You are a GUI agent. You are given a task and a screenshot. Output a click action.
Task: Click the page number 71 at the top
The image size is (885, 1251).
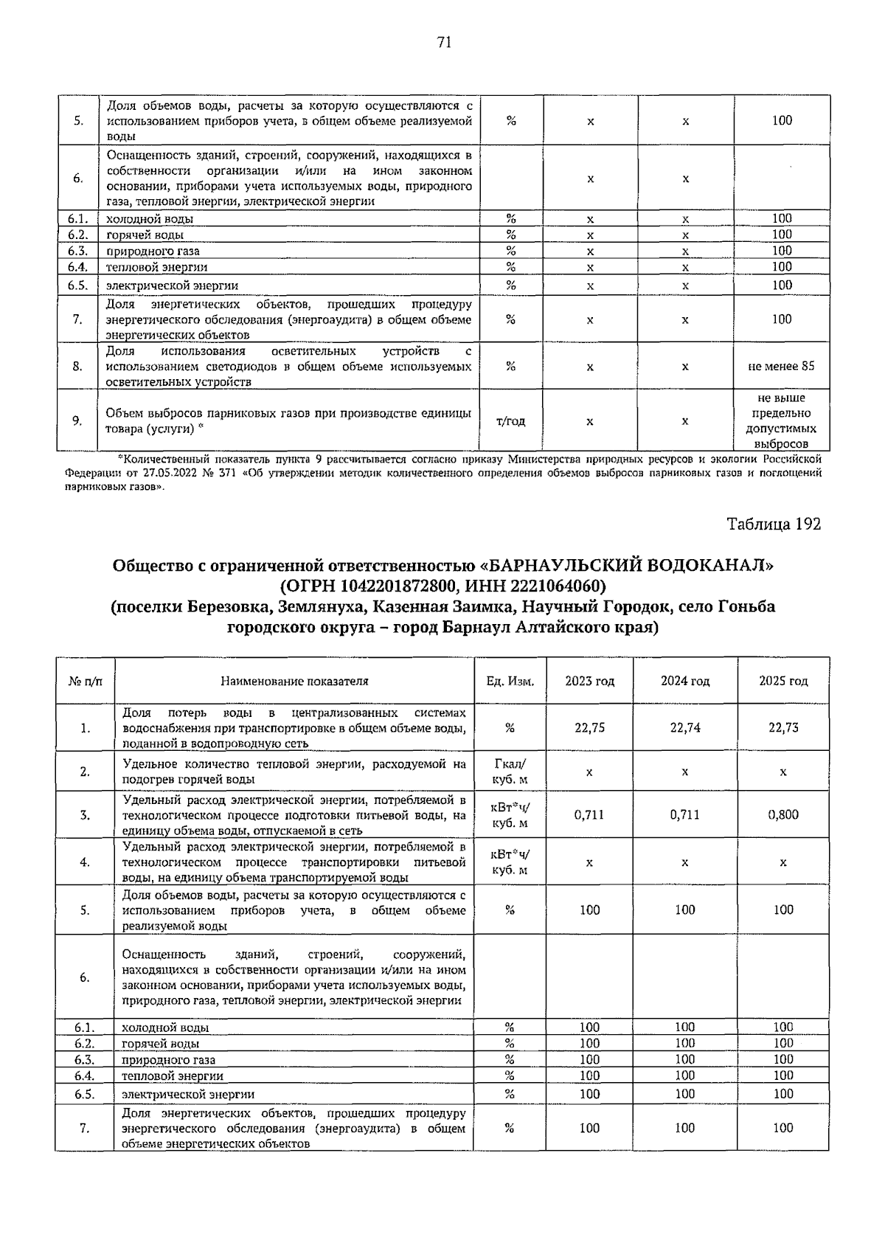click(x=443, y=42)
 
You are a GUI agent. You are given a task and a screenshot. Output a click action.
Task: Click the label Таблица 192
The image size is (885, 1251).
click(x=774, y=524)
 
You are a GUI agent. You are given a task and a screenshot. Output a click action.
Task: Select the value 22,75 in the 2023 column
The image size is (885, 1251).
click(x=589, y=727)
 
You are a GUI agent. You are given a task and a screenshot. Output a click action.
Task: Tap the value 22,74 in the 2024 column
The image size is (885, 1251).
click(x=685, y=727)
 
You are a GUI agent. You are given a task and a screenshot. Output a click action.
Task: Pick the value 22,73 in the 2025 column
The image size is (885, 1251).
click(x=782, y=727)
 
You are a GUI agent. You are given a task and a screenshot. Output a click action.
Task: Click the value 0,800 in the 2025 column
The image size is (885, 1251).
click(x=782, y=814)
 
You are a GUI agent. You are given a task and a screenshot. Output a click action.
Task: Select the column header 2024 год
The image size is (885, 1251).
click(x=685, y=681)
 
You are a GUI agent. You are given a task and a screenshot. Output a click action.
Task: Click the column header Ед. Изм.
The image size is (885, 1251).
click(x=510, y=681)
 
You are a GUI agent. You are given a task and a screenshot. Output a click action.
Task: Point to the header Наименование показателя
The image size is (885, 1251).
click(x=294, y=681)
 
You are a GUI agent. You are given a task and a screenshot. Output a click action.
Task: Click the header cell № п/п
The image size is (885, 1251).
click(x=86, y=681)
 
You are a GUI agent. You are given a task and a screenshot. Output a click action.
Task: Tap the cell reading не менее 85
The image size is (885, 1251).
click(x=781, y=366)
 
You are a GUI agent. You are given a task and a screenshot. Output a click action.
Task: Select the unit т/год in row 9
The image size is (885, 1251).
click(x=510, y=421)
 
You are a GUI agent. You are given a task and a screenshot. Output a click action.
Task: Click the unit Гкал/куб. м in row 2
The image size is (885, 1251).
click(x=510, y=772)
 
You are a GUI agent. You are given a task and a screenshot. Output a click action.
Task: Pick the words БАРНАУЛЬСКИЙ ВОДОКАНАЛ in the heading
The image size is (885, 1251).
click(x=629, y=566)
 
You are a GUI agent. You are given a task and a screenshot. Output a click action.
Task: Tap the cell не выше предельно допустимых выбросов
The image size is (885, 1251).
click(x=781, y=421)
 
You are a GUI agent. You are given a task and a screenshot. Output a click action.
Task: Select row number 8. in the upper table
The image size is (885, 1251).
click(x=77, y=366)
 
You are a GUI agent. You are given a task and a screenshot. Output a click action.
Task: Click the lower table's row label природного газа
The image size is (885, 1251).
click(x=168, y=1060)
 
